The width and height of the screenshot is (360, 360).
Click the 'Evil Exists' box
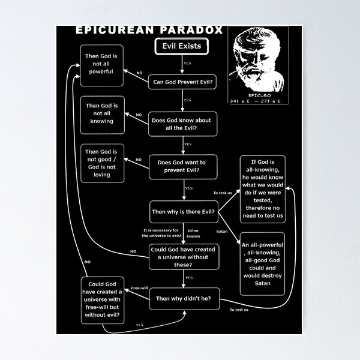click(181, 45)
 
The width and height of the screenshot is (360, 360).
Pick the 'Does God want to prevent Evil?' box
click(182, 166)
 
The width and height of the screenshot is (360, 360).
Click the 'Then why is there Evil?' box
click(182, 211)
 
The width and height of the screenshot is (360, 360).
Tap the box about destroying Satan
click(262, 263)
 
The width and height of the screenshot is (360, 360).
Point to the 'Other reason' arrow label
click(193, 233)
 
